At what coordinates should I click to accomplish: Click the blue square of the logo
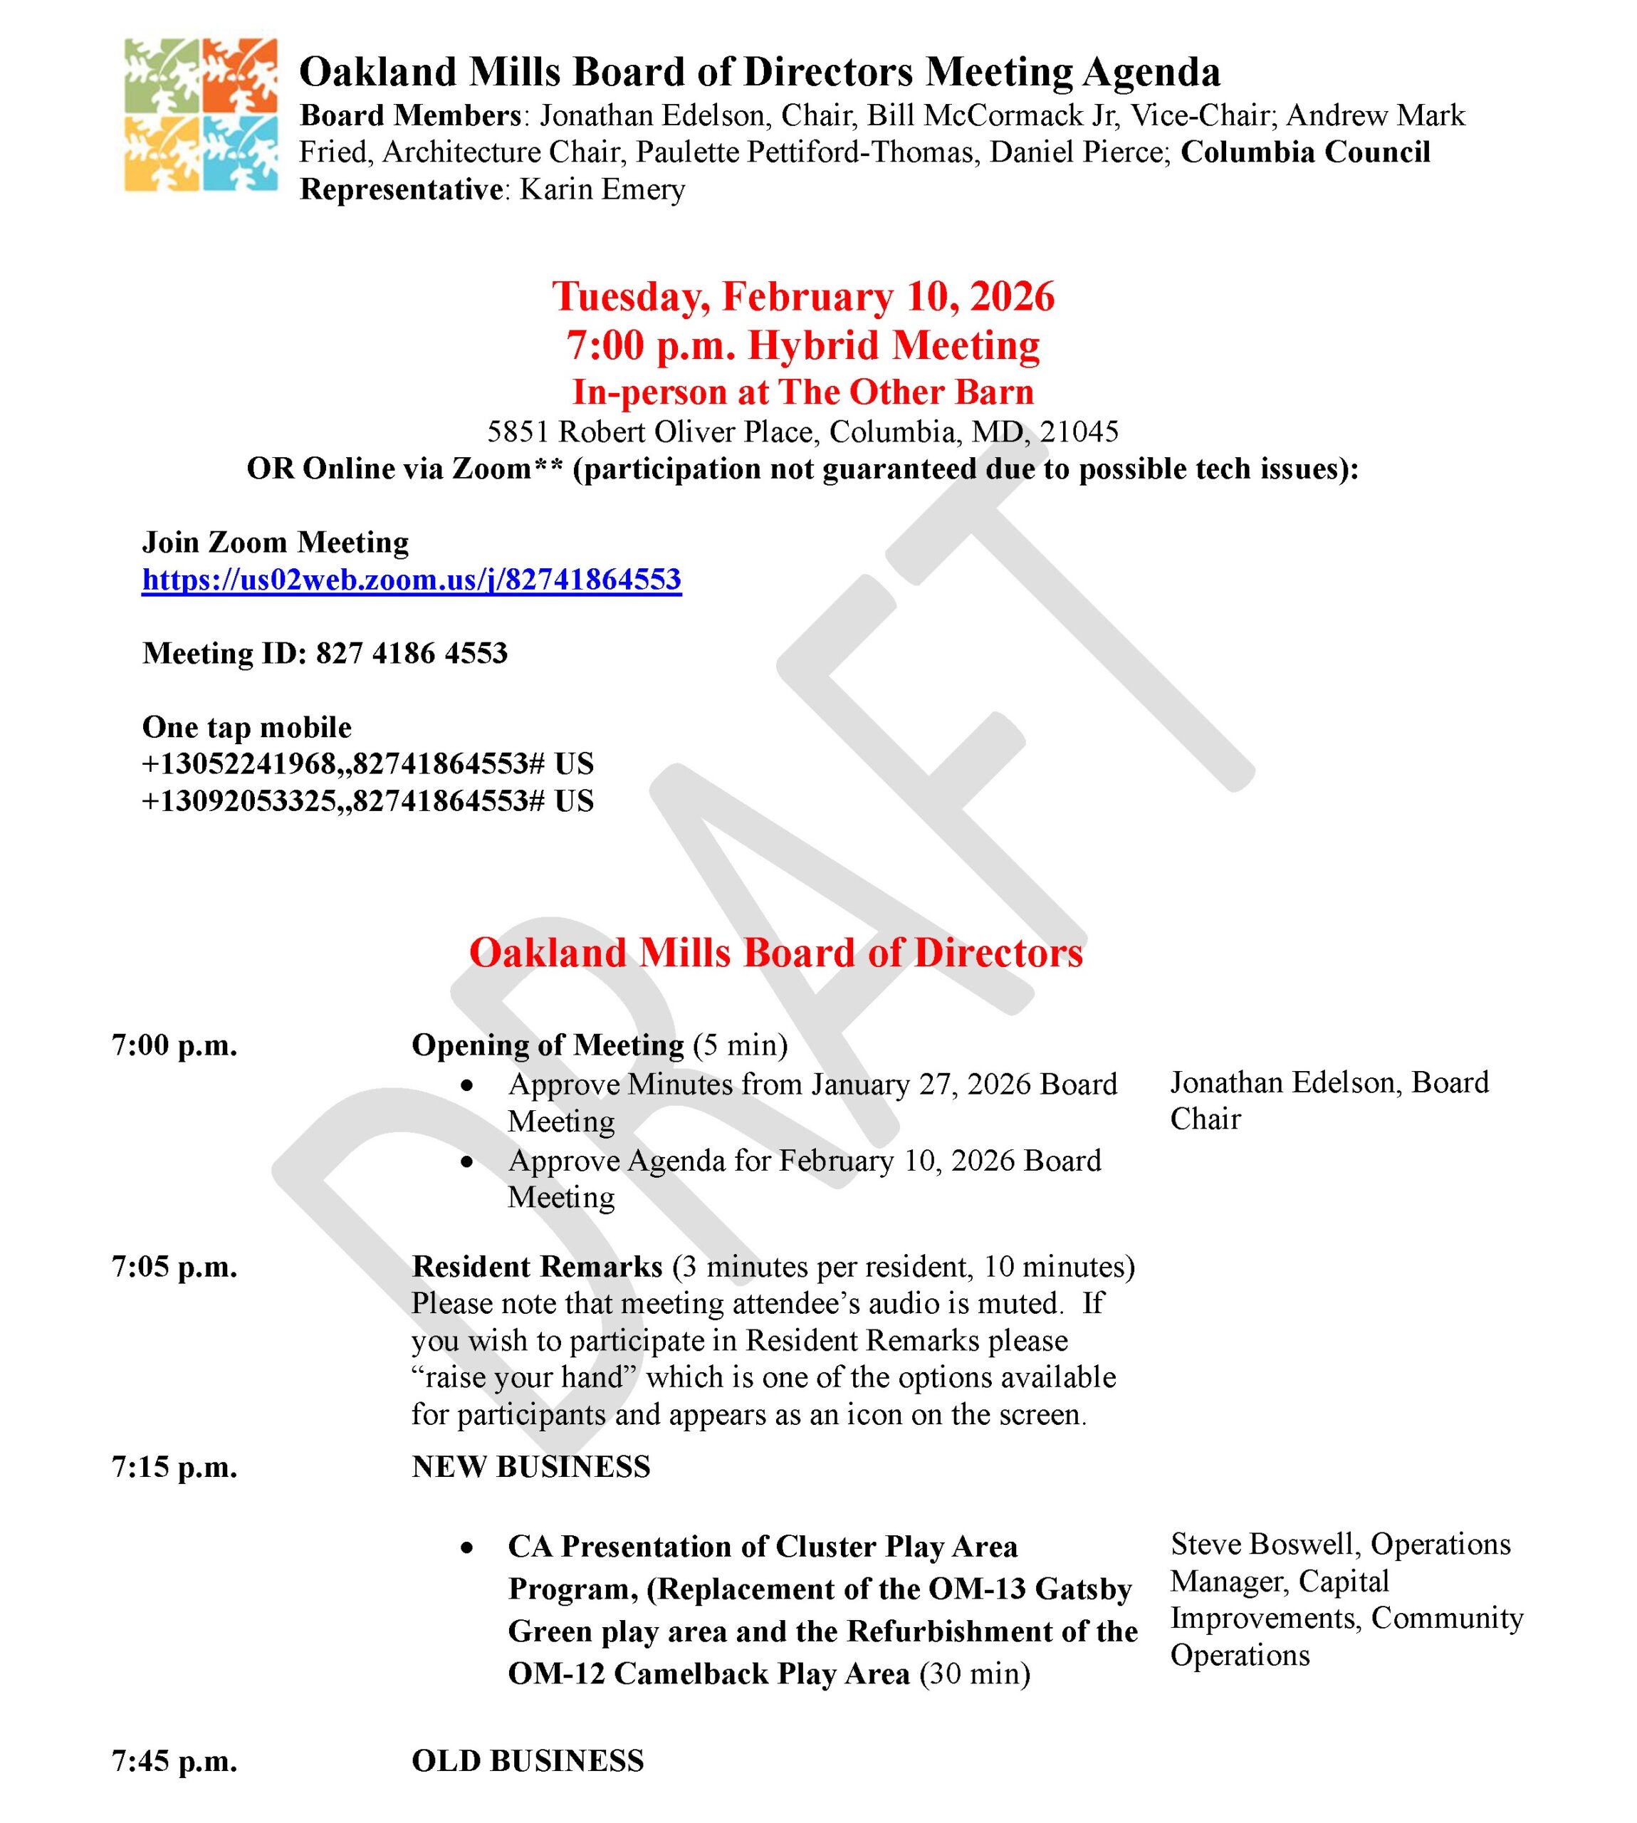coord(239,153)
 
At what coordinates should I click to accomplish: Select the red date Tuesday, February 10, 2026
coord(802,297)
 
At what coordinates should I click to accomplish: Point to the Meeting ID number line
coord(325,653)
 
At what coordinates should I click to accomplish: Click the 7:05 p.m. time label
coord(174,1267)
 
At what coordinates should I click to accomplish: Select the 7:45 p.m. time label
coord(174,1760)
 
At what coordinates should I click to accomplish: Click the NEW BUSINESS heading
coord(530,1467)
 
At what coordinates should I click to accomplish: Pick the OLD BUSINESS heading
coord(527,1760)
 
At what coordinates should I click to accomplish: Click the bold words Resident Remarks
coord(537,1267)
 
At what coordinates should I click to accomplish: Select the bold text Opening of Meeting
coord(548,1045)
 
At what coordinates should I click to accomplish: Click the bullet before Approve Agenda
coord(466,1162)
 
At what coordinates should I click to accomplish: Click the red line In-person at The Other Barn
coord(802,392)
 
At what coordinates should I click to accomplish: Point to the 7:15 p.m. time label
coord(174,1467)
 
